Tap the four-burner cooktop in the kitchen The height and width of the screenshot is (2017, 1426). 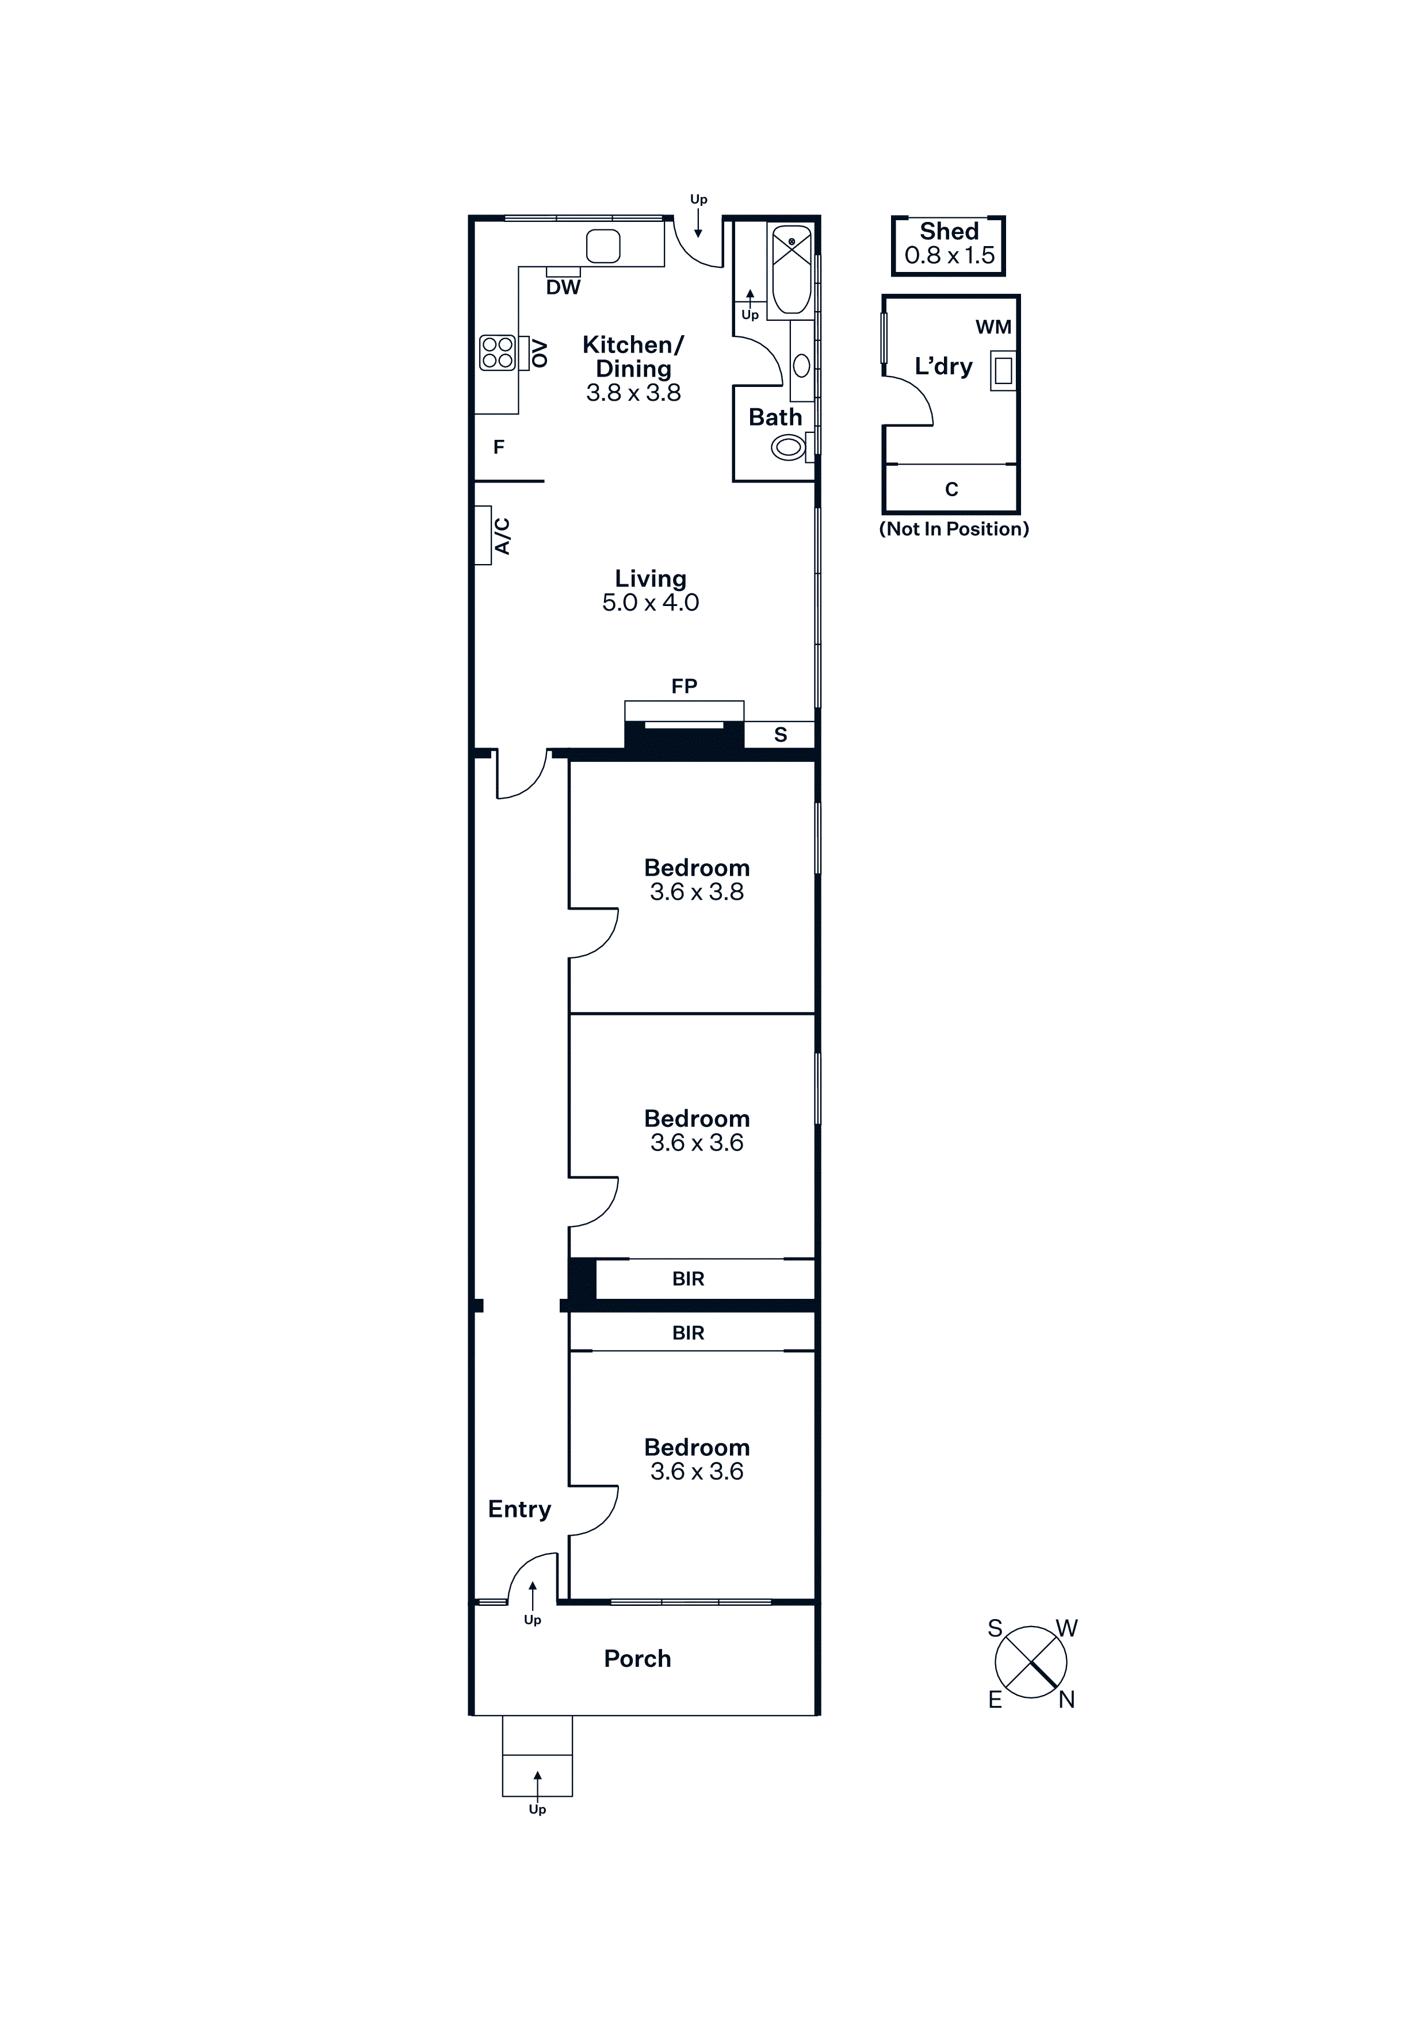[498, 353]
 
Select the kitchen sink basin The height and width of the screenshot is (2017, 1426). [603, 246]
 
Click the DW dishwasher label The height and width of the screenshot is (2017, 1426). [563, 287]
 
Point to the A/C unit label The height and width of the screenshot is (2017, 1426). [502, 536]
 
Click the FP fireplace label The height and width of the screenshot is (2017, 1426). [685, 686]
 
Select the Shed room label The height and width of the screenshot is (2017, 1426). [949, 231]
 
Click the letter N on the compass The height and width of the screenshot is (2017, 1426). [1066, 1700]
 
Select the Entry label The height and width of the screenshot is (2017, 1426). [519, 1509]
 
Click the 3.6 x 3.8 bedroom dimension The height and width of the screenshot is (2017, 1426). [697, 892]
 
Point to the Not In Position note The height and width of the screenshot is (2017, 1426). [954, 529]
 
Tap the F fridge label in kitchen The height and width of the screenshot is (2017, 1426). [498, 447]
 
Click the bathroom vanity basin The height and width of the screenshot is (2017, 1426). [801, 365]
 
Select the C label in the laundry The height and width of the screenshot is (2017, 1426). [951, 489]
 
